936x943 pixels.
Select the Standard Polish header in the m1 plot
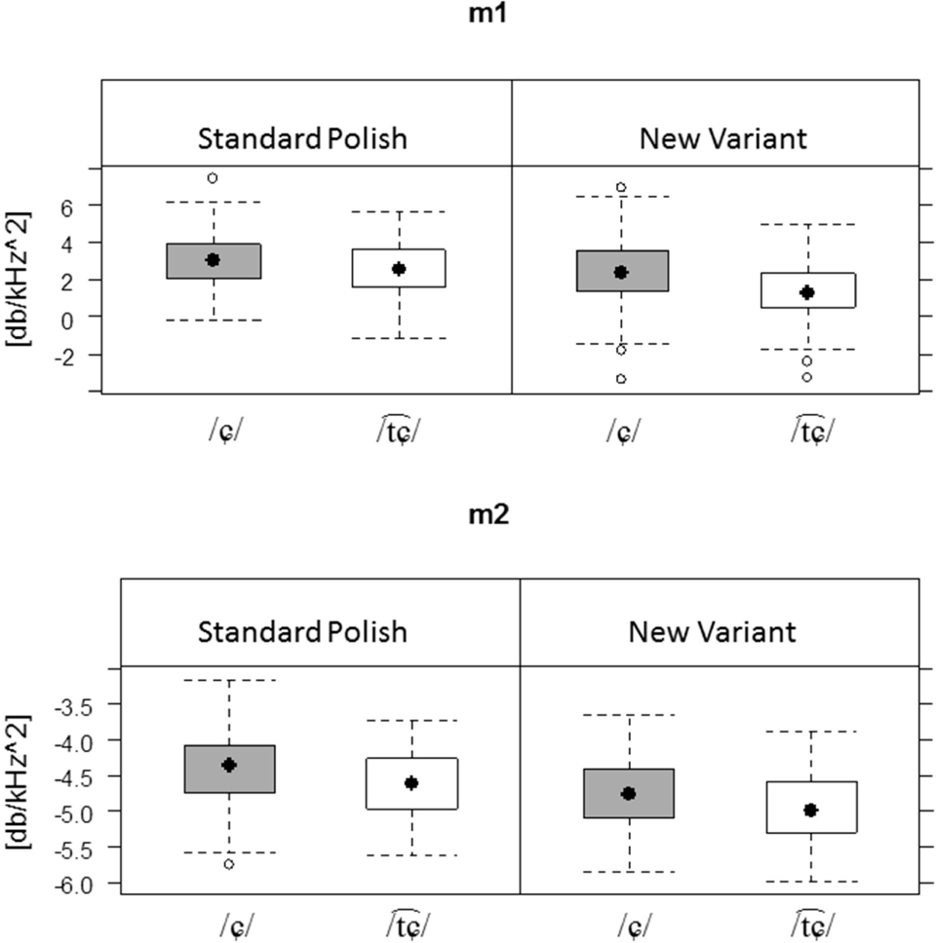(302, 138)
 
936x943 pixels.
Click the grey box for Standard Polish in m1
(214, 261)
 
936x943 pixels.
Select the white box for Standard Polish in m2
(412, 783)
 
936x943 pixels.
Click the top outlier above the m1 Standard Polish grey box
(212, 178)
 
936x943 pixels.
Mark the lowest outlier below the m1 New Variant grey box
(621, 379)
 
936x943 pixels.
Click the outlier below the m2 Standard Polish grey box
(227, 864)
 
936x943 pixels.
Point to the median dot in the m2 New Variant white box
(811, 811)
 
